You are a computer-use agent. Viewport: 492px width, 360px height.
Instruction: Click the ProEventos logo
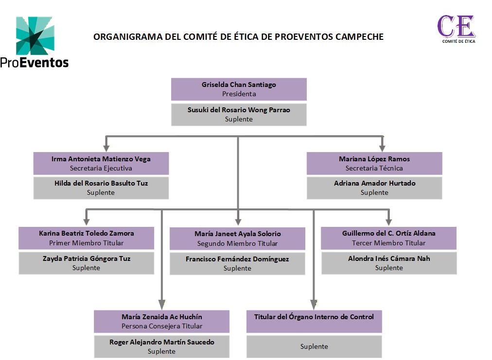pos(35,42)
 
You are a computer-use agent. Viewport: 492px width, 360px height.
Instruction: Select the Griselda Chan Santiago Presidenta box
pos(239,89)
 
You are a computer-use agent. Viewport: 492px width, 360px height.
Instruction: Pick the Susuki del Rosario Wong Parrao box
pos(239,114)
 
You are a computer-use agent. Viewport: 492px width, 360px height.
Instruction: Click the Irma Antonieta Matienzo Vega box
pos(101,163)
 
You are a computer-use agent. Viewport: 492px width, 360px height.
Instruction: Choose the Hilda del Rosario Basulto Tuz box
pos(101,188)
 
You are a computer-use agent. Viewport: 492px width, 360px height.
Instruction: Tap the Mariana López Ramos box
pos(374,163)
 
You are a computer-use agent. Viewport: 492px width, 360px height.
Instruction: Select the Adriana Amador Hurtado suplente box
pos(374,188)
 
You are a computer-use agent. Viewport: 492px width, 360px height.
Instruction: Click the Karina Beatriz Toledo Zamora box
pos(87,238)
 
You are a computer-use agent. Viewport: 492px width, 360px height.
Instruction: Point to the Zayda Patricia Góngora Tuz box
pos(87,263)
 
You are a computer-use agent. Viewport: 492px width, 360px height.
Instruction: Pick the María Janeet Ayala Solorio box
pos(237,239)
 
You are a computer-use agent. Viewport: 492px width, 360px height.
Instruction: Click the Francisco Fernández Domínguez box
pos(237,263)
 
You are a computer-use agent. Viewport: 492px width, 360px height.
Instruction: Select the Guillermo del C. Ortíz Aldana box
pos(388,238)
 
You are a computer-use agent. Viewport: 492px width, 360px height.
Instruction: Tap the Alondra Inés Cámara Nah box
pos(388,263)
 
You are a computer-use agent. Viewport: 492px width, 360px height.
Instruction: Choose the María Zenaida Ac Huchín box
pos(162,321)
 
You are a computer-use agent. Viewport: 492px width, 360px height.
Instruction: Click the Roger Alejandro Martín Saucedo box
pos(162,346)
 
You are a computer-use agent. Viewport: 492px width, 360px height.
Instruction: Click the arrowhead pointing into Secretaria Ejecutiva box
pos(106,148)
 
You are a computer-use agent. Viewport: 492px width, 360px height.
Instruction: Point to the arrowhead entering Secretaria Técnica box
pos(382,148)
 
